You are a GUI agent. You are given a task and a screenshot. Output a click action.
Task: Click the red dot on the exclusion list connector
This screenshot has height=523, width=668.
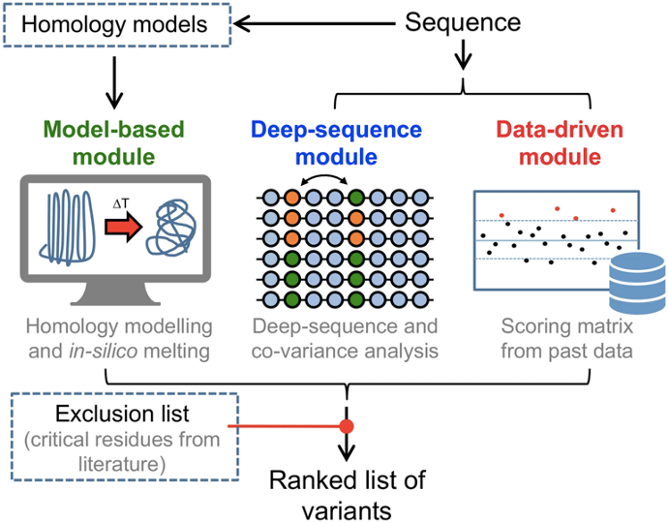pos(345,426)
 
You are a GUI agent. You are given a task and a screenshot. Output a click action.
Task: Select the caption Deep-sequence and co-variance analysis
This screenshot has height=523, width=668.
pos(343,339)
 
